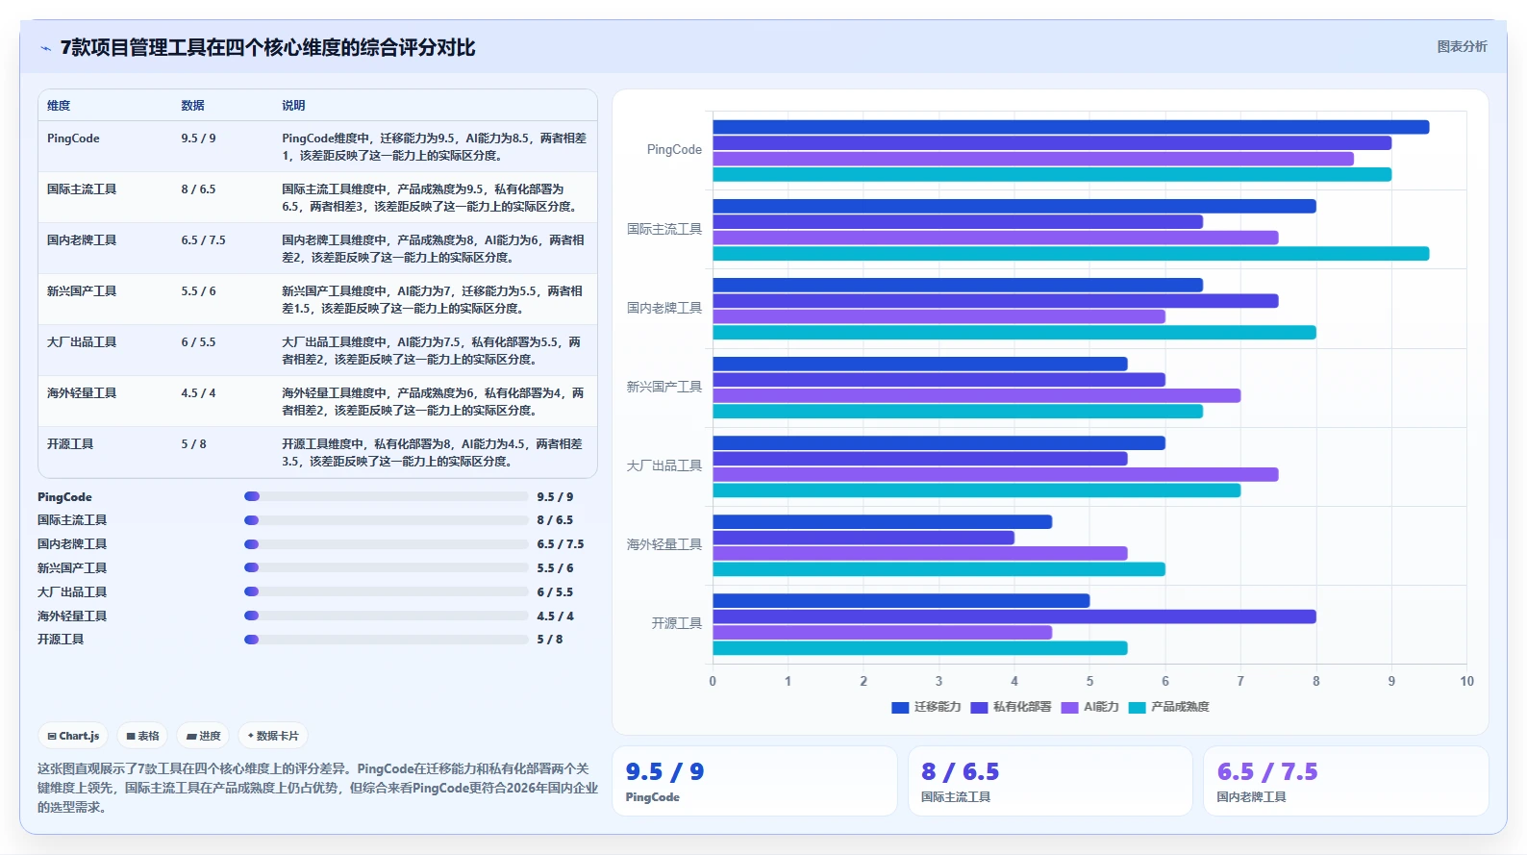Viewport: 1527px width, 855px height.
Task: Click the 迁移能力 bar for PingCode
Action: [1070, 127]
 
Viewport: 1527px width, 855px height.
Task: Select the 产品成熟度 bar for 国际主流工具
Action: [1070, 254]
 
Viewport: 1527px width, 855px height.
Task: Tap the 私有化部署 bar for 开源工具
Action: [1014, 616]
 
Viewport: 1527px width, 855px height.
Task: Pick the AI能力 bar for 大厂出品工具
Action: [995, 474]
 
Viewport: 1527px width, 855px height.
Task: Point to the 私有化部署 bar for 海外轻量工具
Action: [864, 538]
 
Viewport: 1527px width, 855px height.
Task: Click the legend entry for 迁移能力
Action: [926, 707]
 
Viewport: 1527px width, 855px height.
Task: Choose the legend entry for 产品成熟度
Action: [1169, 707]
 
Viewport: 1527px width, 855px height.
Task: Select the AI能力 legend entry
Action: [1090, 707]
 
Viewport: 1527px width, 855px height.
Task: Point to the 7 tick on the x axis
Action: [1240, 681]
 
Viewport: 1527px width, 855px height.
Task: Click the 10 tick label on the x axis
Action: [1467, 681]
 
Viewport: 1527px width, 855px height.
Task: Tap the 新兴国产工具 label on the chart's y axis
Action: [663, 387]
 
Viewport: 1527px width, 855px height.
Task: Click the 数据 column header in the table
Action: [193, 106]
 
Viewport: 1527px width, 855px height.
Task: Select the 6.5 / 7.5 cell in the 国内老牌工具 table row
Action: [203, 240]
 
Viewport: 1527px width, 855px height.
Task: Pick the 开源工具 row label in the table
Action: [70, 444]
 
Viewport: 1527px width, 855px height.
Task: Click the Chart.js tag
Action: [74, 736]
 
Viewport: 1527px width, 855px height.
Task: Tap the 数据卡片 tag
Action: [273, 736]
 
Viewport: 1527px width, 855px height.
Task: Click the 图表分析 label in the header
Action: [1463, 46]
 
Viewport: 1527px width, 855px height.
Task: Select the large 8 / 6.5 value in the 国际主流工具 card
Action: [960, 771]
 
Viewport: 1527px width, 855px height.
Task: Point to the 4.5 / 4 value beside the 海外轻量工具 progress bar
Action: [555, 616]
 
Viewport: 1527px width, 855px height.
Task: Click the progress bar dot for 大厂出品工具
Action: [252, 591]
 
